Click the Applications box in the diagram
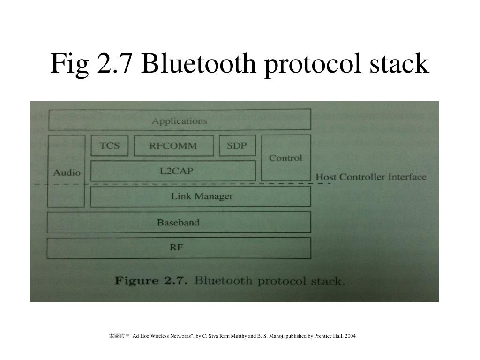(x=179, y=120)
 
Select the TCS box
(x=109, y=145)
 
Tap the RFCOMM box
(x=173, y=146)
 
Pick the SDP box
(x=237, y=145)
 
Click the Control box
(x=285, y=158)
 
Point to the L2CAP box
(x=173, y=171)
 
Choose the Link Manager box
(x=201, y=196)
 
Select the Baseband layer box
(x=178, y=222)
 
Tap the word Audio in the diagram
(x=67, y=172)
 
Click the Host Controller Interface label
(x=371, y=177)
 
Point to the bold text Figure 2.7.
(x=151, y=281)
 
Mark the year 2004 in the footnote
(x=350, y=336)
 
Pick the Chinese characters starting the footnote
(x=119, y=336)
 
